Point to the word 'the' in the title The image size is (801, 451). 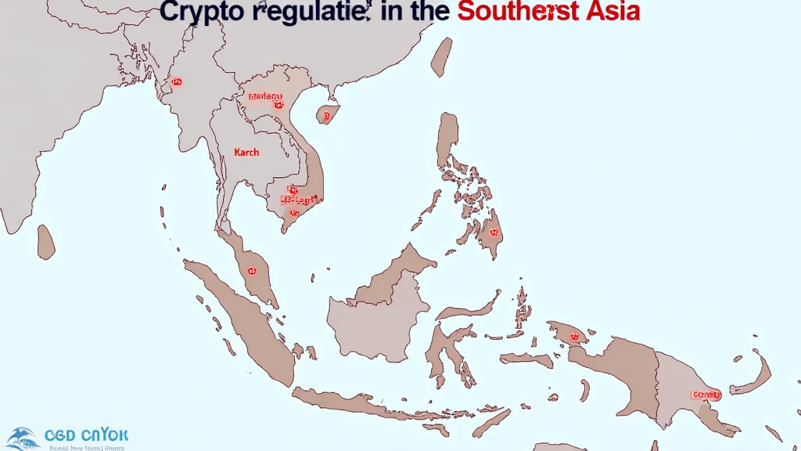(427, 13)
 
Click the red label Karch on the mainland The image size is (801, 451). (246, 152)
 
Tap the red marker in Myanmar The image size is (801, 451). (176, 81)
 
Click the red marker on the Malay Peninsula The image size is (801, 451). (252, 271)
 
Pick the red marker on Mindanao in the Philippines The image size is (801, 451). (494, 232)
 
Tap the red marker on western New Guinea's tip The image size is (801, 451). (575, 337)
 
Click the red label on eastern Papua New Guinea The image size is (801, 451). (705, 395)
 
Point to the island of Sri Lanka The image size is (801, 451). (46, 242)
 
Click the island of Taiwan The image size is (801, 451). (441, 56)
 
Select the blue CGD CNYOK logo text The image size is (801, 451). (86, 435)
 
